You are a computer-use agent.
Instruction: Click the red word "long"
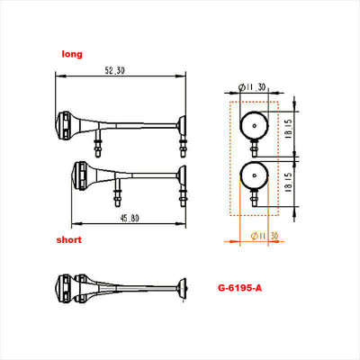click(72, 55)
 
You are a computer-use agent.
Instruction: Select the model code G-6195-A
click(240, 289)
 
